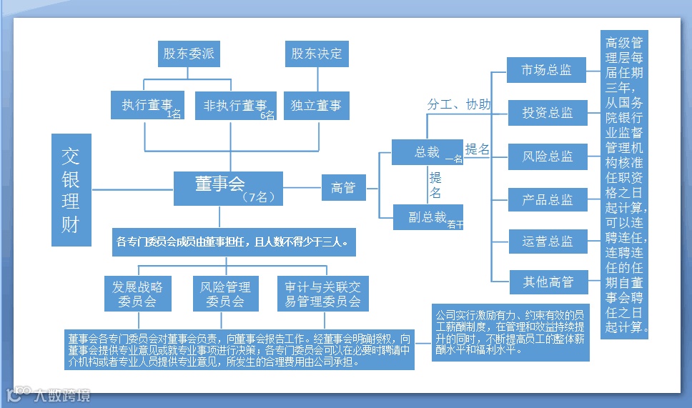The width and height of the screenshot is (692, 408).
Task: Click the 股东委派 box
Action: tap(188, 54)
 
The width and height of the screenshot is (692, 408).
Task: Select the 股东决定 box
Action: tap(317, 54)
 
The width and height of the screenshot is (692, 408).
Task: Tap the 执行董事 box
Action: tap(147, 106)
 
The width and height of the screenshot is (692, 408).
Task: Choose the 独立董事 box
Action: tap(316, 106)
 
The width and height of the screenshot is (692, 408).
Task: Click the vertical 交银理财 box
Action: tap(71, 190)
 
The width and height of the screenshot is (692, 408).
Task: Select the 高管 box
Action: tap(343, 188)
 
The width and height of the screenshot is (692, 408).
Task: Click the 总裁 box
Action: tap(427, 152)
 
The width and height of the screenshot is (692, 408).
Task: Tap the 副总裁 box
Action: tap(427, 217)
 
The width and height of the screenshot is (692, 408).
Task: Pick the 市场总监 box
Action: tap(547, 70)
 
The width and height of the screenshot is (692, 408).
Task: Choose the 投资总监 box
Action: tap(547, 113)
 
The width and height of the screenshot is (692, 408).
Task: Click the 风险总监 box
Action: tap(547, 156)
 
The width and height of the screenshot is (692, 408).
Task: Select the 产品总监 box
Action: tap(547, 200)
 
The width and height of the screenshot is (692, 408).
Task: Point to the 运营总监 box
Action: tap(547, 242)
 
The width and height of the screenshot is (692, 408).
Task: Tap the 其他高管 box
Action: tap(547, 282)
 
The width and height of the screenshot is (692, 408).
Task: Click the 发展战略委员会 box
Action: tap(138, 294)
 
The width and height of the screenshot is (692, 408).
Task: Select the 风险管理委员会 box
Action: tap(225, 294)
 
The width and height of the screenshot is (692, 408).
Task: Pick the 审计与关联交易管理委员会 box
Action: tap(322, 294)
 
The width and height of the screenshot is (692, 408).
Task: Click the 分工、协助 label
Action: tap(458, 105)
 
